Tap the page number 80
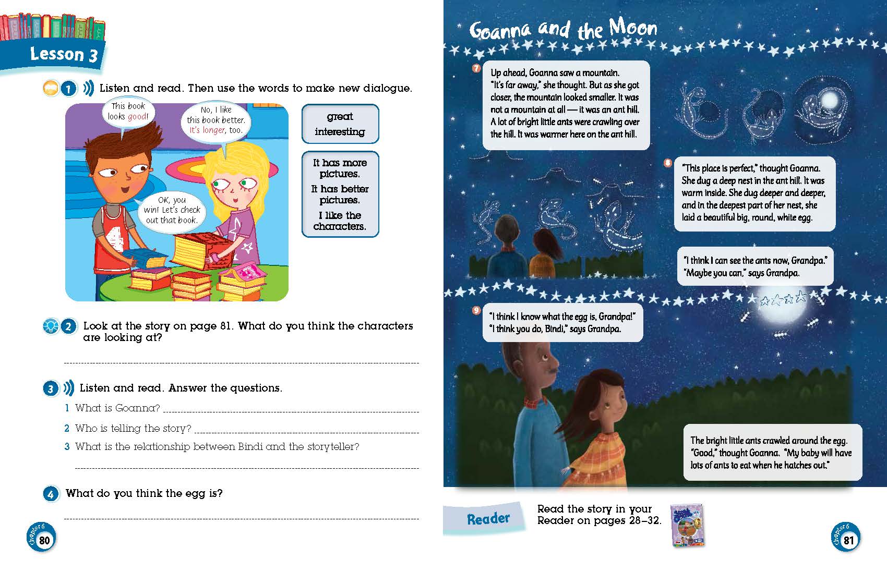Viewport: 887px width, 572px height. [44, 540]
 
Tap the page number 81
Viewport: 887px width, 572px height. [848, 540]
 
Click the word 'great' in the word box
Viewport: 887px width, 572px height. [340, 116]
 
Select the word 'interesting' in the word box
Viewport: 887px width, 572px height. [340, 132]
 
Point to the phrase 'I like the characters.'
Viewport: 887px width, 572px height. [340, 221]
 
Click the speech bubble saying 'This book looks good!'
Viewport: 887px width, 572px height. [128, 112]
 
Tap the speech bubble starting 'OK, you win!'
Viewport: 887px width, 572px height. [172, 210]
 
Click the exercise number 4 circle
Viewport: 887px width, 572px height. [51, 494]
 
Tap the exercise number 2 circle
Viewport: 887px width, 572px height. [68, 326]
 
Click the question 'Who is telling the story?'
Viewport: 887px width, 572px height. [133, 429]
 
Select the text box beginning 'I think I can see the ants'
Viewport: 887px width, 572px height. [755, 266]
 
